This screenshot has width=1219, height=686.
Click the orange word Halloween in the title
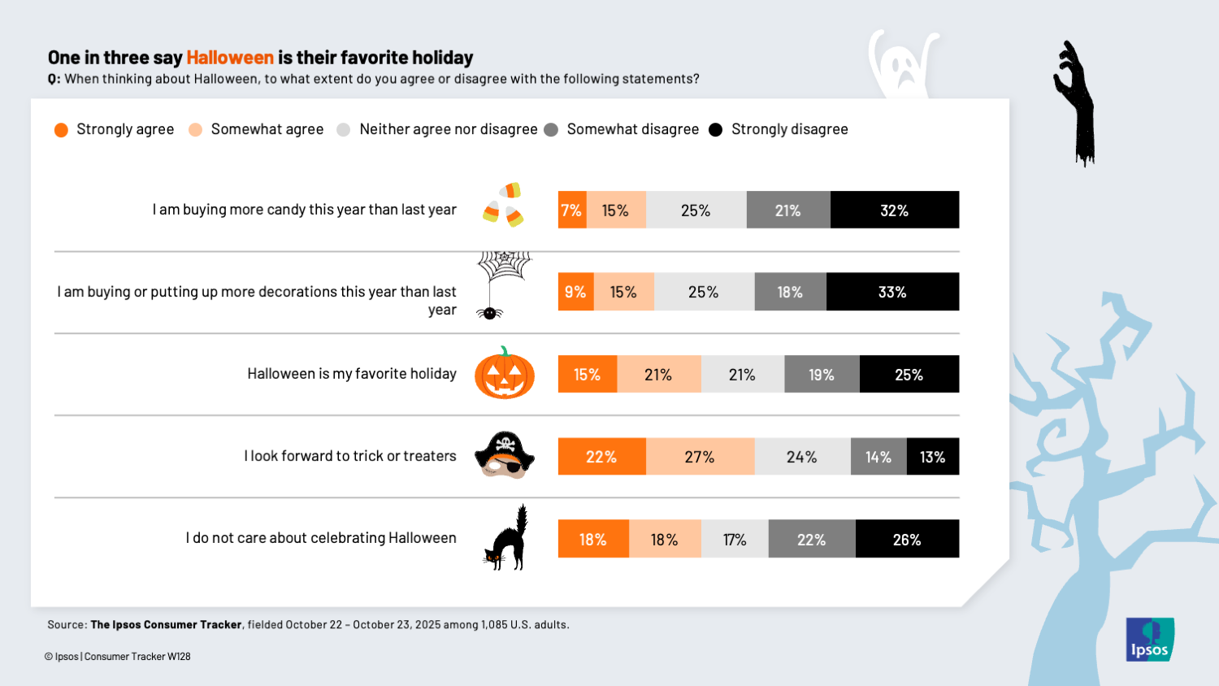coord(230,58)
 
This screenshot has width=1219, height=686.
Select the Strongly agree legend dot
coord(61,130)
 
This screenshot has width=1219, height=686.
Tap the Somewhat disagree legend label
coord(632,129)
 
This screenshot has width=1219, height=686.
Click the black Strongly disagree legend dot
coord(715,130)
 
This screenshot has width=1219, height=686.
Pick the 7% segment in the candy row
coord(571,210)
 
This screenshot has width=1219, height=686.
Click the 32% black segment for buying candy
coord(894,210)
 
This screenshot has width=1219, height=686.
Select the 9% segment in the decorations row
coord(575,292)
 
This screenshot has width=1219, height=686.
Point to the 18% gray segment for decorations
coord(790,292)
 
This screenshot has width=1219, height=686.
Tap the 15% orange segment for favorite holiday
coord(587,374)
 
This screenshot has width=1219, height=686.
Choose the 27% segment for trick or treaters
coord(700,456)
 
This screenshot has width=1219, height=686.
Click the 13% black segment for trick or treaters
coord(932,456)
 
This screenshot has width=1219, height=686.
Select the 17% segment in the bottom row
coord(735,539)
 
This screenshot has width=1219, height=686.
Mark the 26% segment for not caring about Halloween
coord(907,539)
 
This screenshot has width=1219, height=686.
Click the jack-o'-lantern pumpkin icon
coord(505,374)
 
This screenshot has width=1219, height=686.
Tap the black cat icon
coord(507,538)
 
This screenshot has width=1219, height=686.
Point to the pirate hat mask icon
coord(505,454)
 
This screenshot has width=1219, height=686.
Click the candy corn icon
coord(504,206)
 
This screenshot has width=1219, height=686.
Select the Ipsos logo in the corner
coord(1149,640)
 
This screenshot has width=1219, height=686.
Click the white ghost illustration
coord(900,65)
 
